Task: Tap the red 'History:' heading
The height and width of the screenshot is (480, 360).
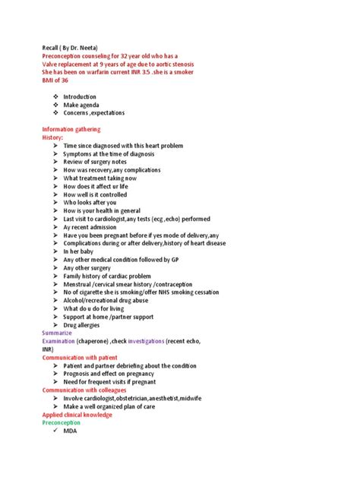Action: pyautogui.click(x=55, y=137)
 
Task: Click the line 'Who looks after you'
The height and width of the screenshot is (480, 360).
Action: pyautogui.click(x=90, y=202)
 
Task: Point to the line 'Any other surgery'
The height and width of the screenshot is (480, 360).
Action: pyautogui.click(x=88, y=267)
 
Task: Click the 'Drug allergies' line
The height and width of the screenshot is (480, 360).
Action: pyautogui.click(x=84, y=325)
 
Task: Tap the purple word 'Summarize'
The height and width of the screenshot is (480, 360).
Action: pyautogui.click(x=57, y=333)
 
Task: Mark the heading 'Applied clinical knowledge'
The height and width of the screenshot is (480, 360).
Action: pyautogui.click(x=77, y=415)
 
